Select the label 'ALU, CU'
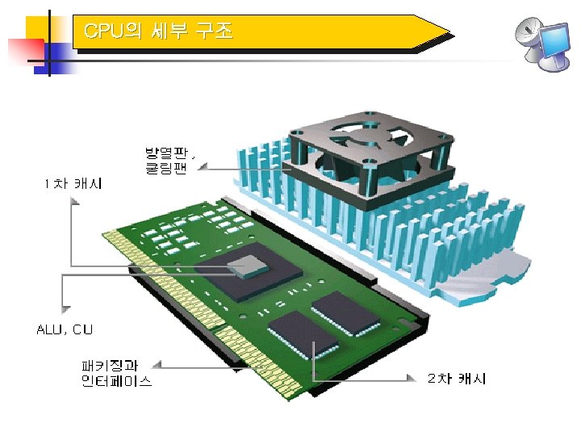click(65, 329)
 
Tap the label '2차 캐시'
click(456, 378)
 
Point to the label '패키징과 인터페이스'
click(116, 373)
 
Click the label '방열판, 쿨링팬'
click(169, 160)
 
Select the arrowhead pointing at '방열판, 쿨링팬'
click(203, 167)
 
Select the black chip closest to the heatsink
click(345, 311)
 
